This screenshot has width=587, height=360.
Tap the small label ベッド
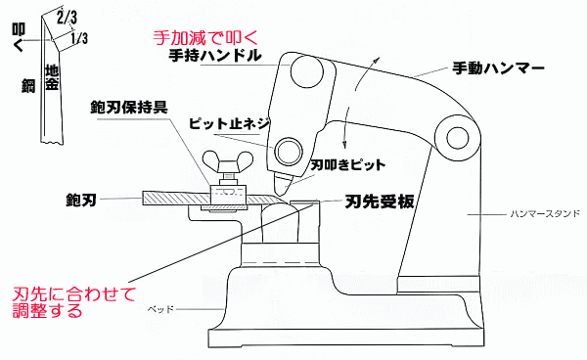point(159,308)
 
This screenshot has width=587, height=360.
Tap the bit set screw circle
point(289,150)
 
